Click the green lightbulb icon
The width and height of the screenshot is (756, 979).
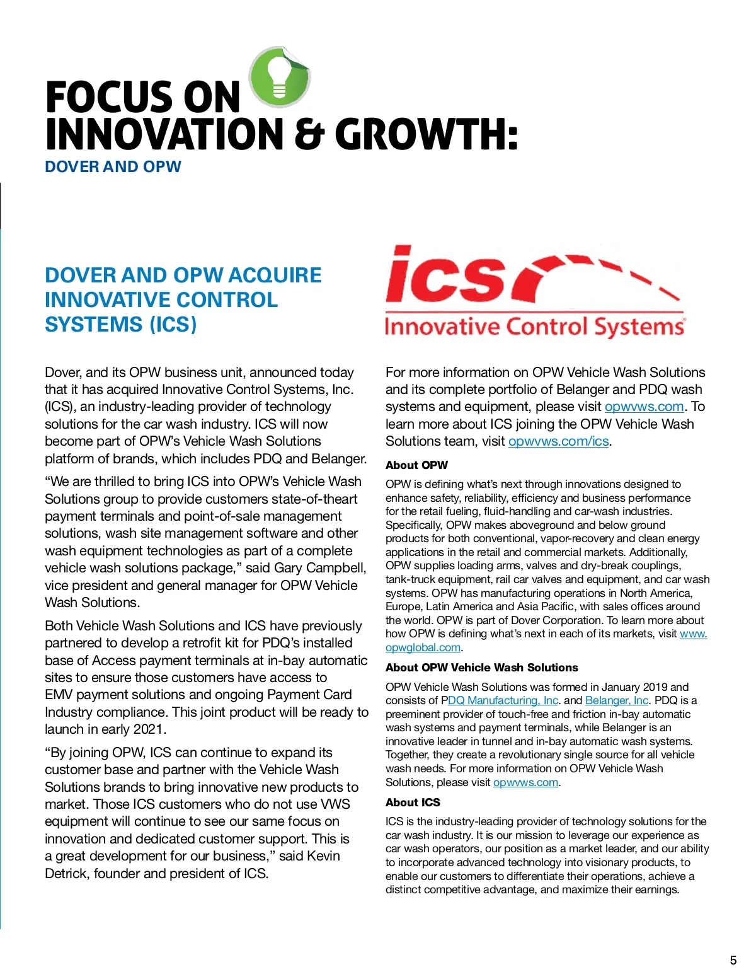click(x=279, y=78)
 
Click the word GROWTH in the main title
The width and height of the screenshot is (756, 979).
click(x=426, y=135)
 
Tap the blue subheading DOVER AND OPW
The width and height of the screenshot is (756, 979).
click(x=113, y=167)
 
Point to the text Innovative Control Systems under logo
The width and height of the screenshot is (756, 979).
click(x=534, y=327)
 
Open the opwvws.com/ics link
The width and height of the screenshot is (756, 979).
click(x=558, y=441)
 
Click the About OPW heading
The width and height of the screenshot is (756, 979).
click(x=416, y=465)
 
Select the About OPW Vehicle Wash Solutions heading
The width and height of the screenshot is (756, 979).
click(x=481, y=668)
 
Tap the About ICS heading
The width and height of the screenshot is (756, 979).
click(x=413, y=802)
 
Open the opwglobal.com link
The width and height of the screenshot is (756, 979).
click(x=423, y=647)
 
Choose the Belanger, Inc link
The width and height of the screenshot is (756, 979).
click(x=616, y=700)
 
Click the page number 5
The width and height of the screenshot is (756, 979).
click(x=733, y=960)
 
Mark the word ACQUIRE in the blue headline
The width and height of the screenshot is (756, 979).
click(x=274, y=275)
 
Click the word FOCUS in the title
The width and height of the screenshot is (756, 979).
click(x=101, y=98)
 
